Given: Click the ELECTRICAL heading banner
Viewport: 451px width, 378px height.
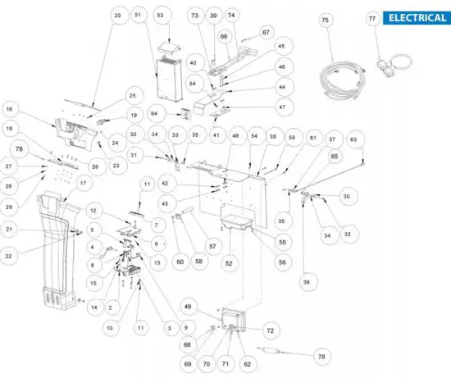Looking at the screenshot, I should coord(417,18).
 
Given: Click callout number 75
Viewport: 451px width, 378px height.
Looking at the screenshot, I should coord(325,19).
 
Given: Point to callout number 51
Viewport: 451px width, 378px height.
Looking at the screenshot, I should coord(138,16).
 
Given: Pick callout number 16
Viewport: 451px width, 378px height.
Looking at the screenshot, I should coord(10,107).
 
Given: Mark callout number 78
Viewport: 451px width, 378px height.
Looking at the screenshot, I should coord(322,357).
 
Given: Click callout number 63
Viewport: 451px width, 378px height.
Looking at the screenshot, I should coord(354,140).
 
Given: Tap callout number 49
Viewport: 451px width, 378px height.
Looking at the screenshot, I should coord(189,307).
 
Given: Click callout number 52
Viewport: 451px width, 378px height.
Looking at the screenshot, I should coord(228,262).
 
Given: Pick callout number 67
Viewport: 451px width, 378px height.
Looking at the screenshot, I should coord(266,31).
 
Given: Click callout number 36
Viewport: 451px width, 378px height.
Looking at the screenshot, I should coord(307,281).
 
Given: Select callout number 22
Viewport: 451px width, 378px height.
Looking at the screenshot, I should coord(10,257).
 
